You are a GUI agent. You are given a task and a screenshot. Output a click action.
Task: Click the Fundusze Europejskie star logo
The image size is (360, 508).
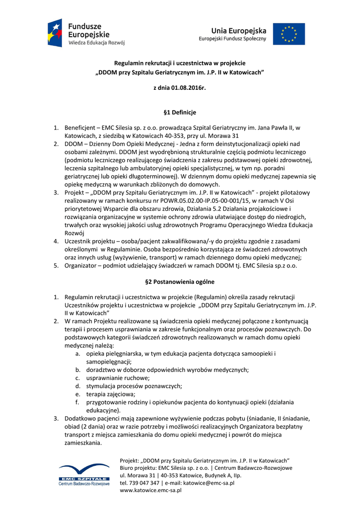(55, 33)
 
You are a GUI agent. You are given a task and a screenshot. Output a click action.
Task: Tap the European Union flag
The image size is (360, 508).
(288, 34)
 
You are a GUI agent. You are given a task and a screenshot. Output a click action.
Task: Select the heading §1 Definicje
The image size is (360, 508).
(180, 113)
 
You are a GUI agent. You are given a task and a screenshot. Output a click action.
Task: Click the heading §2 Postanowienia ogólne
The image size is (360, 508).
(180, 282)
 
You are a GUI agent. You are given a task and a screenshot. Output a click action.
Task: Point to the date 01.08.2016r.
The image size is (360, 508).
(188, 88)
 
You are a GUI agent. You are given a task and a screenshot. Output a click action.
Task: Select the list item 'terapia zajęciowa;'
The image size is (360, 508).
(107, 394)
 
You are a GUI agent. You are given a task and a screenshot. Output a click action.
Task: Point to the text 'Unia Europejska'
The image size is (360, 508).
(239, 31)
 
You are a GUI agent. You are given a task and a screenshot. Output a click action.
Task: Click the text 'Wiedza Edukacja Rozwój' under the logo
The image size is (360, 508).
(96, 43)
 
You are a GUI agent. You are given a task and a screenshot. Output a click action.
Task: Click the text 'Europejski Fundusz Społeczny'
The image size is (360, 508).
(233, 39)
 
